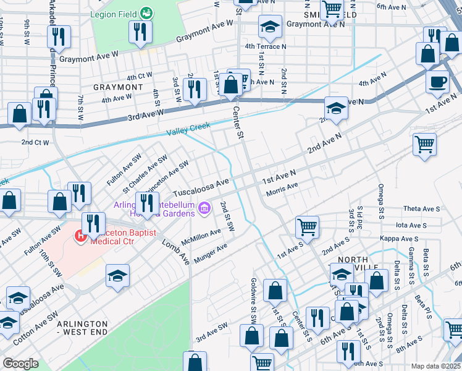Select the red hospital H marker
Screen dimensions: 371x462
pos(80,235)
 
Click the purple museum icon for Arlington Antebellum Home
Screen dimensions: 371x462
pos(204,210)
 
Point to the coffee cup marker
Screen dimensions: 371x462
pos(438,82)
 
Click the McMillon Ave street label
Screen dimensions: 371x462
pos(201,236)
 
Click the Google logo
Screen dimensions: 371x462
pos(20,364)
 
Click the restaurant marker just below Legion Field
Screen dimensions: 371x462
pos(140,32)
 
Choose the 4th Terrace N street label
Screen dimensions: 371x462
pos(266,46)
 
